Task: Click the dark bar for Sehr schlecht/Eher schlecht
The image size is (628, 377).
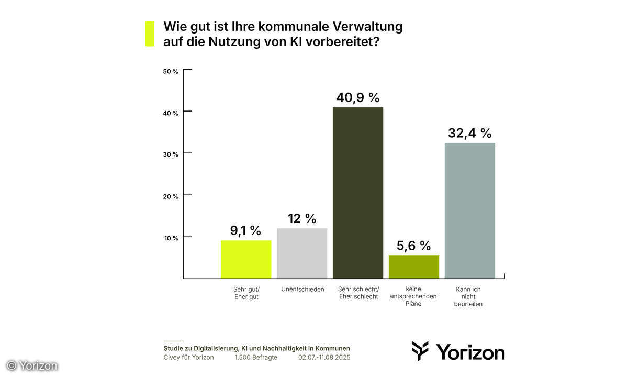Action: tap(358, 193)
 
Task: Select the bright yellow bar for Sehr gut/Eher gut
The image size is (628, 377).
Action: tap(246, 259)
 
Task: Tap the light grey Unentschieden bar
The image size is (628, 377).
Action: tap(302, 253)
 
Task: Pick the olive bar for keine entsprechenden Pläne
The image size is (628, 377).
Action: tap(414, 267)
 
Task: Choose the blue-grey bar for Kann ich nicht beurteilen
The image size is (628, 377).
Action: tap(469, 210)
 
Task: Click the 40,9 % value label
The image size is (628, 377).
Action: tap(358, 97)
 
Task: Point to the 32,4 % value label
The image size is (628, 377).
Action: tap(469, 133)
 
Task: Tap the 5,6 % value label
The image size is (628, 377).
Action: tap(413, 245)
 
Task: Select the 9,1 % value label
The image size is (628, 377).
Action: tap(245, 230)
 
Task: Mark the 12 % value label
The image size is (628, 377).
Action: tap(302, 218)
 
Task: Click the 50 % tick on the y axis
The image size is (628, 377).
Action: tap(171, 71)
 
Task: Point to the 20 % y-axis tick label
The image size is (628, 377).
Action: tap(171, 196)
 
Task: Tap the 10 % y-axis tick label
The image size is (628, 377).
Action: tap(171, 238)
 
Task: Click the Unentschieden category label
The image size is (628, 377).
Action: tap(302, 289)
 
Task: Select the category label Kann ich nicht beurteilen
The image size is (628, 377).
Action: tap(468, 296)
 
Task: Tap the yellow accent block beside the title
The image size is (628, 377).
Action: tap(150, 34)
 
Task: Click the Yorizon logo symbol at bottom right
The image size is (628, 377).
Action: tap(420, 350)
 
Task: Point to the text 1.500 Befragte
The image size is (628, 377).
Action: tap(256, 358)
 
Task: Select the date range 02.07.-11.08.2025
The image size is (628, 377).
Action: tap(324, 358)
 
